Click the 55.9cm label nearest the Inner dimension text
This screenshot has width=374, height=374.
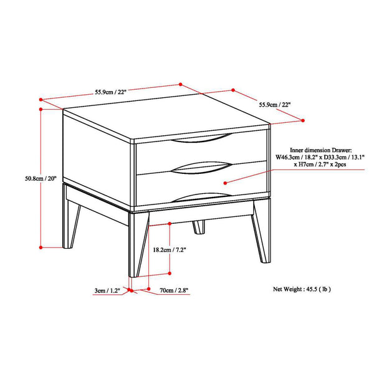[x=275, y=105]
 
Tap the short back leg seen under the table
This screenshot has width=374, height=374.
[x=198, y=226]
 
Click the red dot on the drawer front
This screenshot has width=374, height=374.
[x=225, y=183]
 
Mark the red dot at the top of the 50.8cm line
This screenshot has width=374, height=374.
[x=41, y=108]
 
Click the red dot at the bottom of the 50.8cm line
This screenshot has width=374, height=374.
[x=41, y=247]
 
